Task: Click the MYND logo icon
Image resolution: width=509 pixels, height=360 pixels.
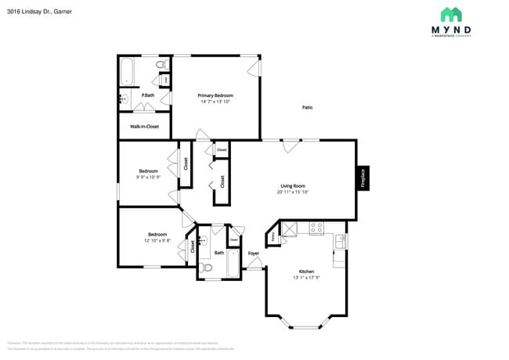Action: [x=450, y=15]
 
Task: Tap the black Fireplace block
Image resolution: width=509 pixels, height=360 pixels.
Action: [x=363, y=178]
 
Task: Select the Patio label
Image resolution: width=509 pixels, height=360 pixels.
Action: [x=307, y=107]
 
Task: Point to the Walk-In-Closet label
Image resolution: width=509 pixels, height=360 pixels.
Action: [x=144, y=126]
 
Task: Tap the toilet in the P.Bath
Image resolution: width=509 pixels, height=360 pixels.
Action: [x=161, y=64]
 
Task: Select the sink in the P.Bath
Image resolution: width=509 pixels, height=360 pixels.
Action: [x=124, y=99]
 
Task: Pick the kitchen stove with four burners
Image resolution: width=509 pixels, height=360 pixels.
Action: [x=316, y=229]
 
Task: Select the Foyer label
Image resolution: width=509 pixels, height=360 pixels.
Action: [x=254, y=254]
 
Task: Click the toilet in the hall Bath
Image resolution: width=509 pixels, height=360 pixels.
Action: [x=207, y=268]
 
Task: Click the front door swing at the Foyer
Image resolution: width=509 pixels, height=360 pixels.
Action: [x=254, y=265]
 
